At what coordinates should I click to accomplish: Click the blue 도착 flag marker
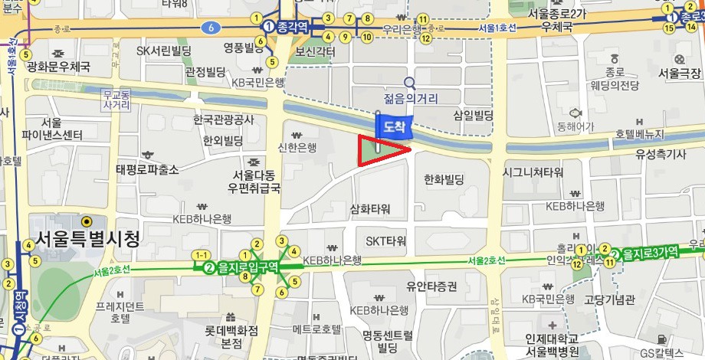(394, 126)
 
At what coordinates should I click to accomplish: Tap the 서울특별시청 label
(85, 239)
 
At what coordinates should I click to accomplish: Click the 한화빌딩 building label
(444, 180)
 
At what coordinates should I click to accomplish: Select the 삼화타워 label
(370, 208)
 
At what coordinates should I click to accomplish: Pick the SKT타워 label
(385, 241)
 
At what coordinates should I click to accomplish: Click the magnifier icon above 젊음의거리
(410, 83)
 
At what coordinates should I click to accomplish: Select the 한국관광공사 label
(223, 120)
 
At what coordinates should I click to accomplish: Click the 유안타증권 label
(431, 286)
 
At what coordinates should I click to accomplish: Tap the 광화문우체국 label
(58, 67)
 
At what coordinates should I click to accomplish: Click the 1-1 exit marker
(202, 254)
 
